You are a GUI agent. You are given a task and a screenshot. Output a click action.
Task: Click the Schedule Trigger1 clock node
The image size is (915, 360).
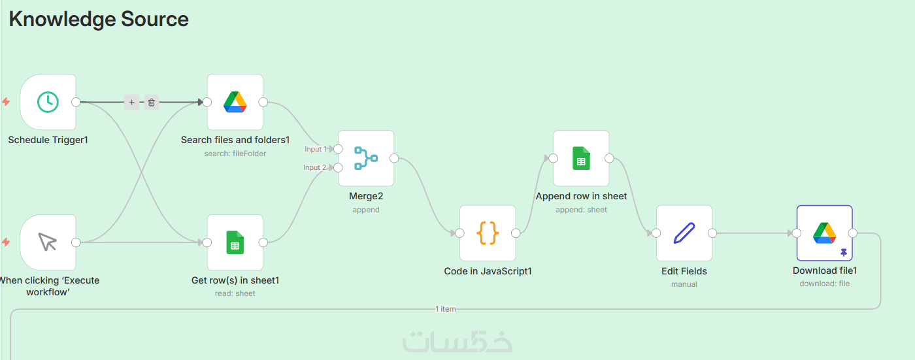pos(48,102)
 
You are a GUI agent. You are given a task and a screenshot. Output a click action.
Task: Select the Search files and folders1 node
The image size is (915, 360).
pos(235,102)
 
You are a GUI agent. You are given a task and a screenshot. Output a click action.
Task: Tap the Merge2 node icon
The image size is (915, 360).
pos(366,158)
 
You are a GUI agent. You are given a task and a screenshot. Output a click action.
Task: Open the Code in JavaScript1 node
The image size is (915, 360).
pos(488,233)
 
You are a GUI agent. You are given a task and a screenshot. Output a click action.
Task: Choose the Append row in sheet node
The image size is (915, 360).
pos(581,158)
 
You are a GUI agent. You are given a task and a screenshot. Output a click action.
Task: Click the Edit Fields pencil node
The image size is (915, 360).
pos(684,233)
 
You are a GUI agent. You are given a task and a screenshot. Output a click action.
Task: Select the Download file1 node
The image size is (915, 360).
pos(824,233)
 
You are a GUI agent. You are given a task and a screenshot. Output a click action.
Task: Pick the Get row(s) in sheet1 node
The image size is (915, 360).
pos(235,242)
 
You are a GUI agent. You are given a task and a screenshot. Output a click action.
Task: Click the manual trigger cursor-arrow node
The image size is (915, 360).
pos(48,242)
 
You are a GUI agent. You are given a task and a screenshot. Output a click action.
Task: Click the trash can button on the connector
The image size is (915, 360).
pos(152,102)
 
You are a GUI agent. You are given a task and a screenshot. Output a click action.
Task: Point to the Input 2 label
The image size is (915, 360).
pos(314,167)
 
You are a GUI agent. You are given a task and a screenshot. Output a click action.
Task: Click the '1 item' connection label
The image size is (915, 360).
pos(445,309)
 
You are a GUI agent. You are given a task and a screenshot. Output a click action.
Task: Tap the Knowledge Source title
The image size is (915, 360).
pos(99,19)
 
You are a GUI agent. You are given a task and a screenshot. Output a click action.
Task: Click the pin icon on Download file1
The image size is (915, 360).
pos(844,253)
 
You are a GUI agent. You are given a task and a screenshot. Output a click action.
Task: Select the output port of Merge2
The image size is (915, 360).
pos(394,158)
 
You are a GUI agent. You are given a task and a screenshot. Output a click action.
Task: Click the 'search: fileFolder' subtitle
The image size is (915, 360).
pos(235,154)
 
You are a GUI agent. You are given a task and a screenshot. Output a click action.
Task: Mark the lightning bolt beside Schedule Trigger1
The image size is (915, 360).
pos(6,102)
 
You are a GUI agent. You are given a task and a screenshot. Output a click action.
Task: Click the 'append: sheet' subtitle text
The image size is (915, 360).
pos(581,210)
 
